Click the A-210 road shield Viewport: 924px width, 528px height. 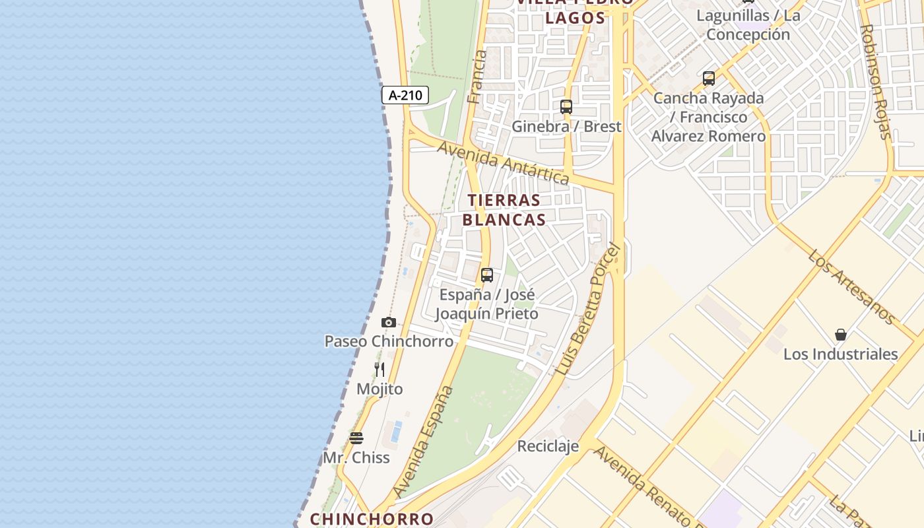[x=405, y=95]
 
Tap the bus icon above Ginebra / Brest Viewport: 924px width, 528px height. [x=566, y=107]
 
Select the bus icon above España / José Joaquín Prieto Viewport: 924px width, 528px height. [x=487, y=275]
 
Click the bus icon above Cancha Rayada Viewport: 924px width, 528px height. [x=709, y=79]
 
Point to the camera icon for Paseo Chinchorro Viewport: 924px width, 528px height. [x=389, y=322]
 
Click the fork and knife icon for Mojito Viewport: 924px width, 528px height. [x=379, y=370]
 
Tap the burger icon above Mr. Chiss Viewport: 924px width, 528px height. [x=356, y=438]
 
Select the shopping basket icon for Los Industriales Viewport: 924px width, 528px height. [x=841, y=335]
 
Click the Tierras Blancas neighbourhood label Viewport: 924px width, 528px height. [x=504, y=210]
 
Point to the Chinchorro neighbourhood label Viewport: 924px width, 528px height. [x=372, y=519]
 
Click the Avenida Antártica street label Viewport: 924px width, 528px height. [x=504, y=162]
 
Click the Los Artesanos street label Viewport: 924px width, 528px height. [x=852, y=287]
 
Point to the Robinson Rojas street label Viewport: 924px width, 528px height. [x=876, y=82]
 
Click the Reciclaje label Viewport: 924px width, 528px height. [x=548, y=446]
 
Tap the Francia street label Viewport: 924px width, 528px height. [x=476, y=77]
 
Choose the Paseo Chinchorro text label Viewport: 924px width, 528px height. [x=389, y=341]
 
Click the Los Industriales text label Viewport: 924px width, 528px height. [x=840, y=354]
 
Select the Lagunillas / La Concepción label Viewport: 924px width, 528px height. [x=748, y=25]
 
